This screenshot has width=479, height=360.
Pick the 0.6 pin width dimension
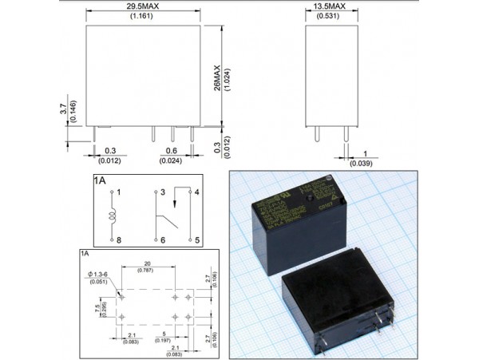[171, 150]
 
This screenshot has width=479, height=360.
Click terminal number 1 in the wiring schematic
[118, 193]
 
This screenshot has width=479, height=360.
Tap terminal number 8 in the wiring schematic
[118, 239]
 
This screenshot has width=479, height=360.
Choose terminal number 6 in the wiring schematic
[161, 239]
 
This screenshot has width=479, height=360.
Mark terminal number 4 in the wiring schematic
[196, 193]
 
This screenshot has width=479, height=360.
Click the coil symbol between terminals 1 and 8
[112, 216]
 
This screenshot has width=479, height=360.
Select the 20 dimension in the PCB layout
[147, 263]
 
